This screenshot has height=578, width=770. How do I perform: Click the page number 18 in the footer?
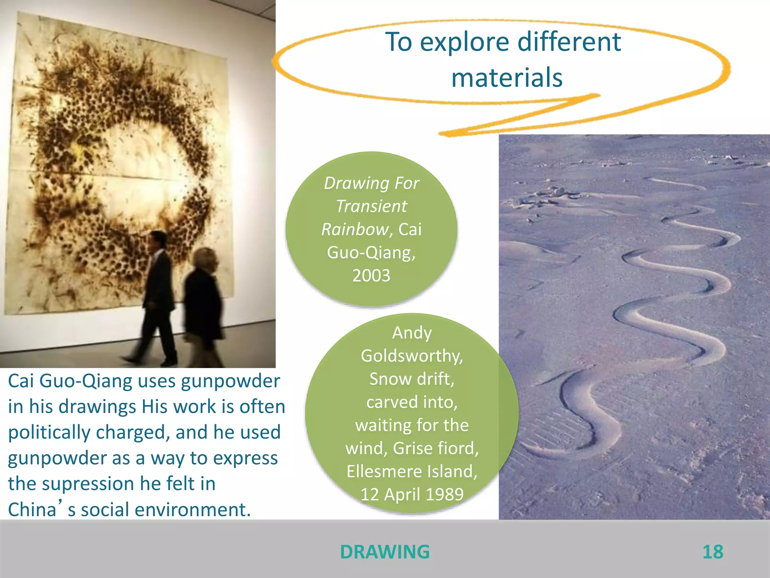(712, 552)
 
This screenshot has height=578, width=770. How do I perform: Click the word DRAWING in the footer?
(385, 552)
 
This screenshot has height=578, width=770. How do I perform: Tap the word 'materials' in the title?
(507, 78)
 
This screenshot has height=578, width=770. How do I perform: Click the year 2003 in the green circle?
(371, 275)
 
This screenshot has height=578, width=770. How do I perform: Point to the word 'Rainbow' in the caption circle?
(355, 229)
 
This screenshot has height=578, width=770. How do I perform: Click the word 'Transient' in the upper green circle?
(371, 206)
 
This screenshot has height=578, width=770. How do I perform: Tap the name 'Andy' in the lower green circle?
(412, 333)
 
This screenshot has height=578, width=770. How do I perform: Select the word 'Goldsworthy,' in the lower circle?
(412, 356)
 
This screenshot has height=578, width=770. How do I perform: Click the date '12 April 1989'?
(412, 494)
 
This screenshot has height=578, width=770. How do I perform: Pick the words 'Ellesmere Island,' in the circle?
(412, 472)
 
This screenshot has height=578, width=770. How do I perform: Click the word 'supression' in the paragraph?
(88, 484)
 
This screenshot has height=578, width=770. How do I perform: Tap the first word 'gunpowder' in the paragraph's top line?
(230, 381)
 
